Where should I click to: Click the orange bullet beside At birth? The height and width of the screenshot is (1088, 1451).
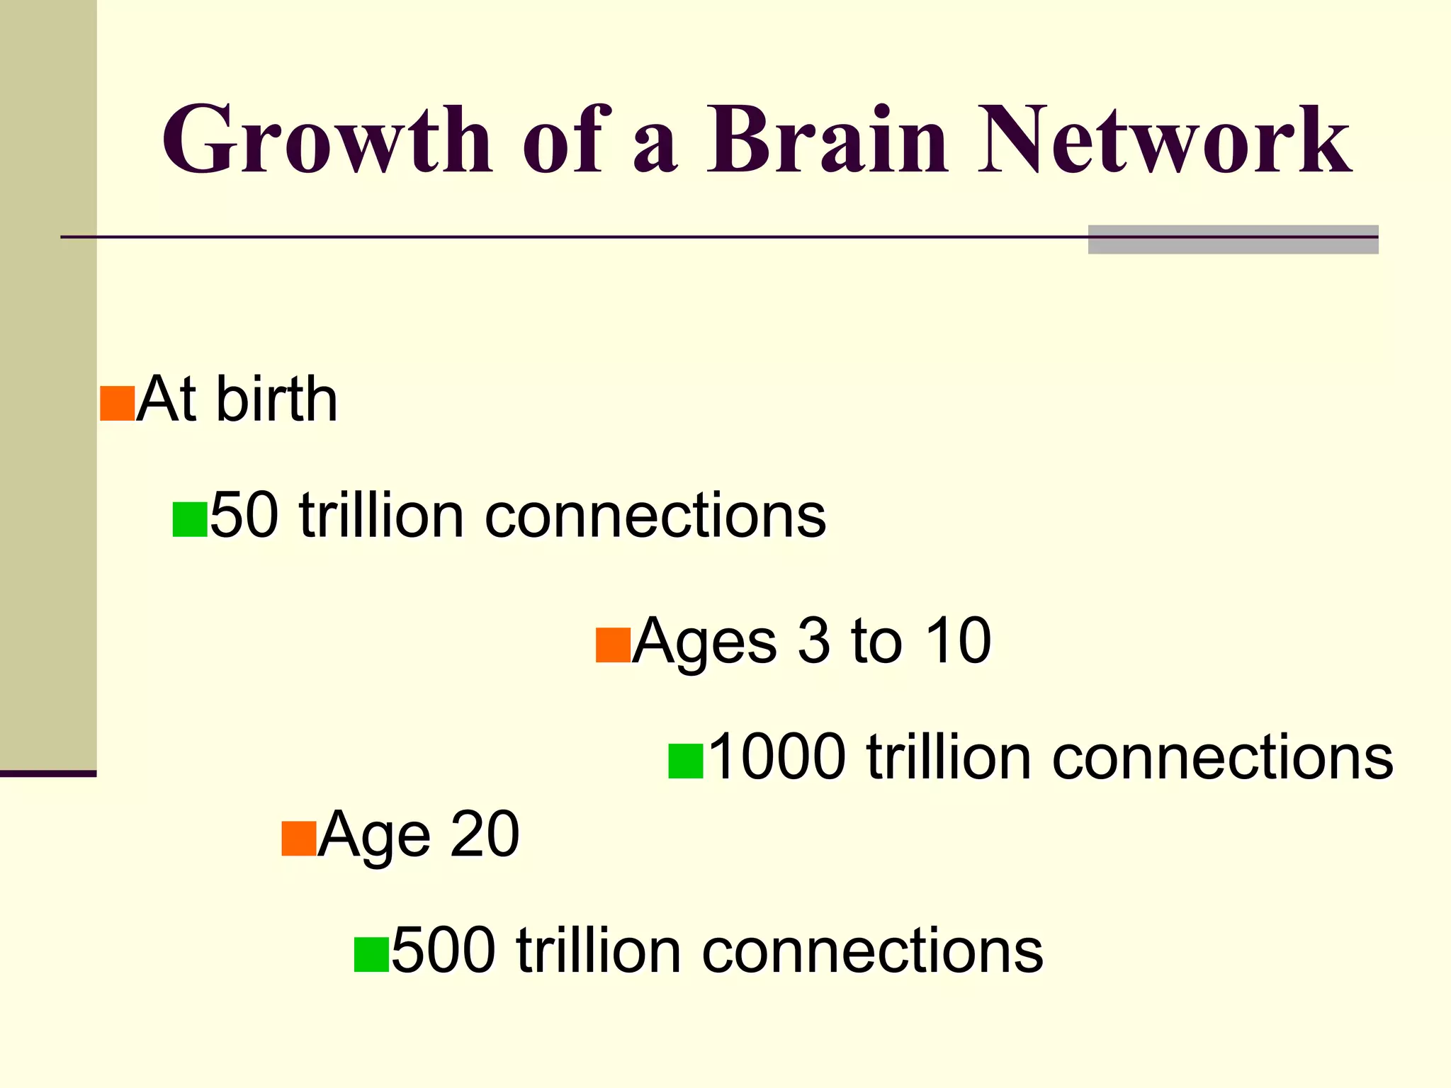click(117, 404)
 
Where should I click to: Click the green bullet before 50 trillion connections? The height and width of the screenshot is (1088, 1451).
click(190, 519)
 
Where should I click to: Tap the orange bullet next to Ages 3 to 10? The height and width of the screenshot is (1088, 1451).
click(613, 645)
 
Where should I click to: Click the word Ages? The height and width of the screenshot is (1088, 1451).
click(704, 641)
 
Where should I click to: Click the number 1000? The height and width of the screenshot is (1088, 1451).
click(777, 757)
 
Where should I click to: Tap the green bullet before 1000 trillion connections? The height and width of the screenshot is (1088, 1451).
click(686, 761)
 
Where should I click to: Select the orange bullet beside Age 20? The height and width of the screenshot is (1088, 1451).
click(298, 839)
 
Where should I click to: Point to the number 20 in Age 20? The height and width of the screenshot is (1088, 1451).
click(485, 834)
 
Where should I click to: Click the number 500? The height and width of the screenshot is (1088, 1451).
click(444, 950)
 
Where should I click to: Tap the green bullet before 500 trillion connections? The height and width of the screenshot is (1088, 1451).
click(371, 954)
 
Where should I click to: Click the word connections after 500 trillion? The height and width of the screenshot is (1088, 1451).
click(872, 950)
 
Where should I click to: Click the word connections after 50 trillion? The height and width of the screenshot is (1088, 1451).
click(655, 515)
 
